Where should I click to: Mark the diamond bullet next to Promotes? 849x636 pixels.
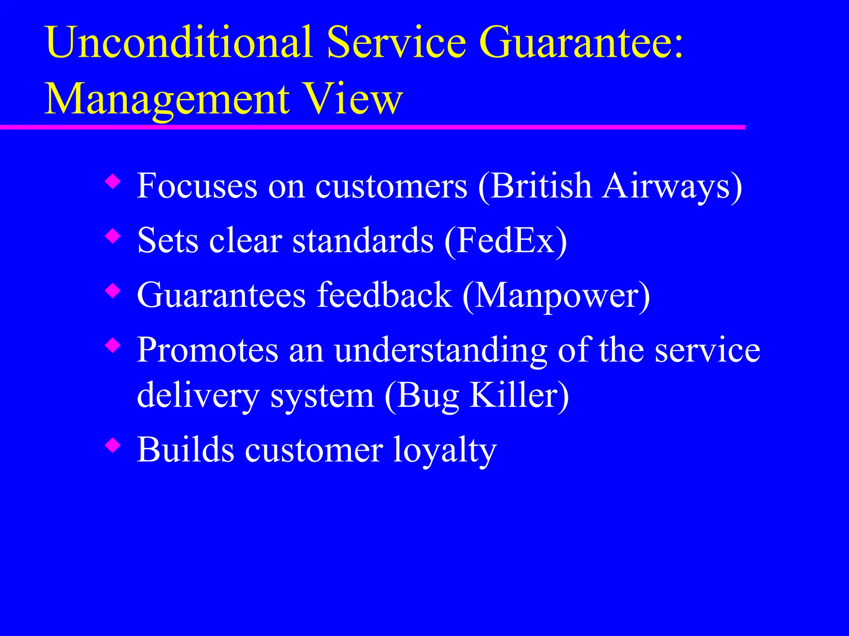113,346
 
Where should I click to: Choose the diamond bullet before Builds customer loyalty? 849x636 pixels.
113,446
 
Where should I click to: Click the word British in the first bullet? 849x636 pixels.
541,185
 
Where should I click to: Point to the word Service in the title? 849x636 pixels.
396,42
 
